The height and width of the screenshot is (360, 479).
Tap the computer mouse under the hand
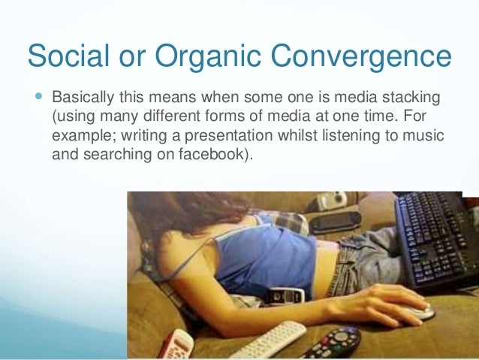[416, 312]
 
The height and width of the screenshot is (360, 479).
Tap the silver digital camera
[330, 200]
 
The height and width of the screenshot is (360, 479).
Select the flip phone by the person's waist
[286, 295]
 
